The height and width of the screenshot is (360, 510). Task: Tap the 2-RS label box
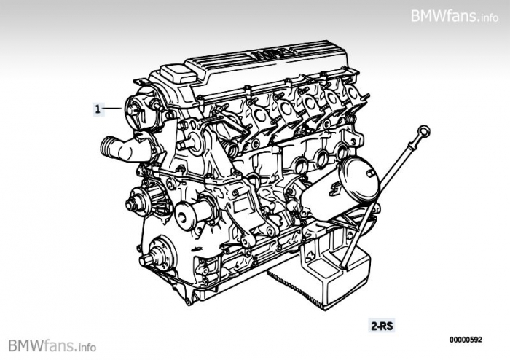[382, 326]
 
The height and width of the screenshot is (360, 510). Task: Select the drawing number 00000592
[466, 340]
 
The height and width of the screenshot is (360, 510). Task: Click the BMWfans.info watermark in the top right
[455, 15]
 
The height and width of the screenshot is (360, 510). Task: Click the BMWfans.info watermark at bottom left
[52, 345]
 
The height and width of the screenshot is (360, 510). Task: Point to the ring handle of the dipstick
[423, 133]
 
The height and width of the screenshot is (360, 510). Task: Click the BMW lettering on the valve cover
[271, 54]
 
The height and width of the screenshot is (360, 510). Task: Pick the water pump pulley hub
[138, 202]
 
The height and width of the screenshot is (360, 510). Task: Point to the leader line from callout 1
[113, 109]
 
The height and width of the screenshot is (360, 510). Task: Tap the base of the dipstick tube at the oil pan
[343, 266]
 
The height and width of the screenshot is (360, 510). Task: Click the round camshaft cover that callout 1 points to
[141, 107]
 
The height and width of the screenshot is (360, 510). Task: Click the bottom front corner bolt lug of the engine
[188, 302]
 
